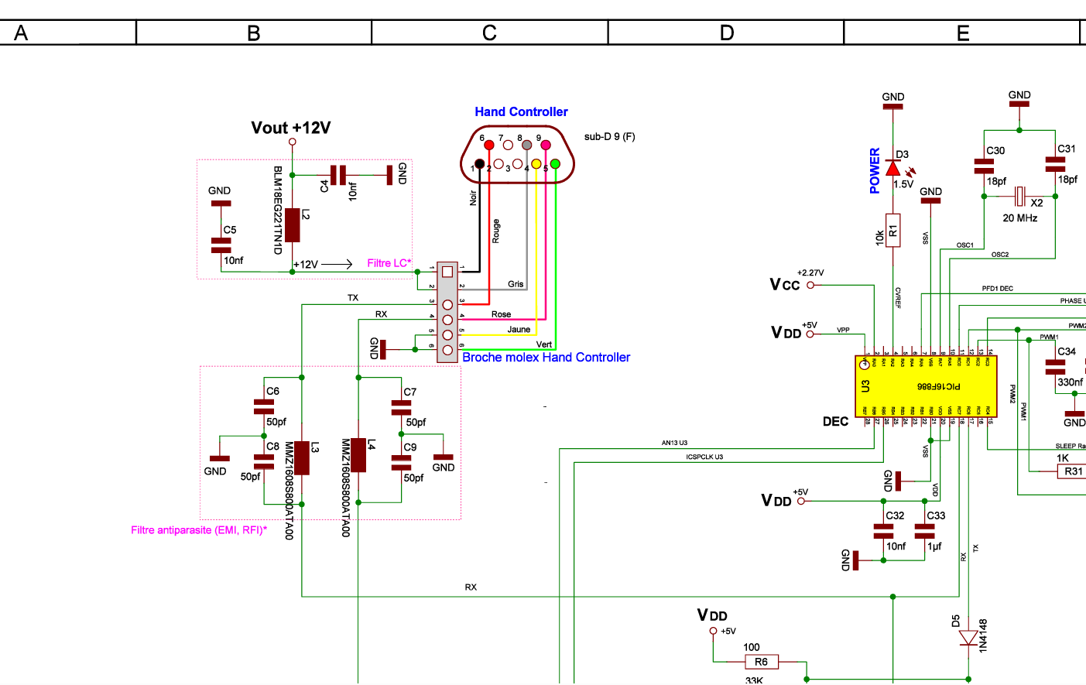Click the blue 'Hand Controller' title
click(x=521, y=112)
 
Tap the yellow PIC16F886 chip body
click(x=926, y=385)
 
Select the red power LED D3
click(x=893, y=168)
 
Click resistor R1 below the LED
click(x=893, y=230)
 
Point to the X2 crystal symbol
click(x=1020, y=195)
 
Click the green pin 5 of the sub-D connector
click(x=555, y=164)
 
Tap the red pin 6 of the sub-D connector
click(x=488, y=145)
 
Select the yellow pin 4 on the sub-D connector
click(x=536, y=164)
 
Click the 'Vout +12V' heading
click(x=291, y=128)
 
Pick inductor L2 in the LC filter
click(x=293, y=225)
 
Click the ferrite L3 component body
click(x=302, y=457)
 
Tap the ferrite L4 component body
click(x=358, y=455)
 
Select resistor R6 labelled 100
click(x=762, y=662)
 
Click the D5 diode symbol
click(x=968, y=638)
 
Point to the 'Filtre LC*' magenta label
click(x=389, y=263)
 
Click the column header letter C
click(x=489, y=33)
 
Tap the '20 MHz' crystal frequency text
click(x=1020, y=218)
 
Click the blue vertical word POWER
click(x=875, y=170)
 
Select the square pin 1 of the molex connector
click(x=447, y=272)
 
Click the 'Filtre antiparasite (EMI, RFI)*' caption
click(x=199, y=530)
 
